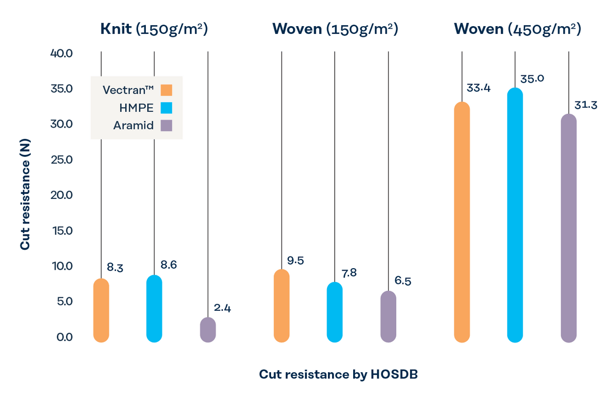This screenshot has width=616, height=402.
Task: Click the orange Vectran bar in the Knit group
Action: tap(101, 310)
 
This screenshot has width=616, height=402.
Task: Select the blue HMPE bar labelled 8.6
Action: tap(155, 309)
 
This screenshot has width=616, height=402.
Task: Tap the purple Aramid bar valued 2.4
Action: tap(208, 330)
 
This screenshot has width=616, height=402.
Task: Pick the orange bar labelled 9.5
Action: tap(282, 306)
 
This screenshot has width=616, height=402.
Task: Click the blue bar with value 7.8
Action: tap(335, 312)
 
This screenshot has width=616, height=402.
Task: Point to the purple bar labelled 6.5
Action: tap(388, 316)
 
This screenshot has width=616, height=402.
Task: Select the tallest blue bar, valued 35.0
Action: tap(515, 215)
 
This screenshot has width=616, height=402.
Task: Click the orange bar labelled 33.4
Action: tap(462, 222)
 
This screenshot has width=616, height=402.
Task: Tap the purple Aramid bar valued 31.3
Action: tap(569, 228)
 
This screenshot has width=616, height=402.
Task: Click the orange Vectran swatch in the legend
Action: tap(166, 90)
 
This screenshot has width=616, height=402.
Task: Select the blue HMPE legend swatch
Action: tap(166, 108)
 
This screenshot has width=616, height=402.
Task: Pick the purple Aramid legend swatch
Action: tap(166, 125)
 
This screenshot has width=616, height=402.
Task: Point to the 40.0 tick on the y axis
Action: tap(62, 53)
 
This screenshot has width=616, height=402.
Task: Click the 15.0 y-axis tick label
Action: tap(63, 231)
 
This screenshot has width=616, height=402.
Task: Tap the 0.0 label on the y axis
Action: tap(65, 337)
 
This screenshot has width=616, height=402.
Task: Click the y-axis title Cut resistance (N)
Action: tap(25, 194)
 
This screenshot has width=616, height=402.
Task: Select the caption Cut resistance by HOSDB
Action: tap(338, 374)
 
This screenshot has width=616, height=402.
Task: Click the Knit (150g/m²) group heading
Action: tap(154, 29)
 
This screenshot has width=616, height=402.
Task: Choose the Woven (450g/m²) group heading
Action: tap(517, 29)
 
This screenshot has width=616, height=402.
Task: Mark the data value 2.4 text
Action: tap(222, 308)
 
